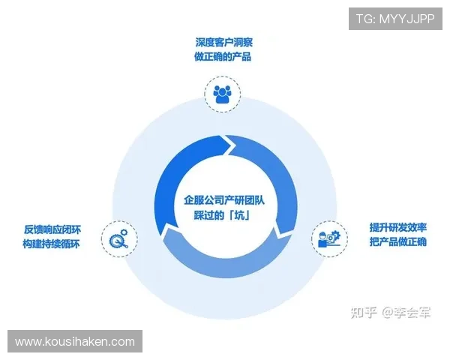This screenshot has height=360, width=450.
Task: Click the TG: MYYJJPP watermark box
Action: pos(395,18)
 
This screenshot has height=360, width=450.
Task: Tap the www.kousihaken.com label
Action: pos(75,341)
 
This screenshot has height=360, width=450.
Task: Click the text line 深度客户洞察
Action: pos(222,43)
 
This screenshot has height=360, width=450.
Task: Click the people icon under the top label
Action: pos(222,94)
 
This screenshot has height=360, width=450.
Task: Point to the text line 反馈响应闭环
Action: pos(51,229)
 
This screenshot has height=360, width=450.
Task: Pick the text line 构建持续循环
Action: pos(51,244)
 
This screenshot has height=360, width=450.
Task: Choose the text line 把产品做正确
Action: pos(397,242)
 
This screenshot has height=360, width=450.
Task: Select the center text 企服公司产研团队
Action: pos(223,200)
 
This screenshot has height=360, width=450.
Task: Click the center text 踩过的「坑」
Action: pos(223,216)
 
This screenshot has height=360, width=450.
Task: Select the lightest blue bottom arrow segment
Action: pos(217,259)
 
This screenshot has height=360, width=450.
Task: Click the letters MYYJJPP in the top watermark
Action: pos(407,18)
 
